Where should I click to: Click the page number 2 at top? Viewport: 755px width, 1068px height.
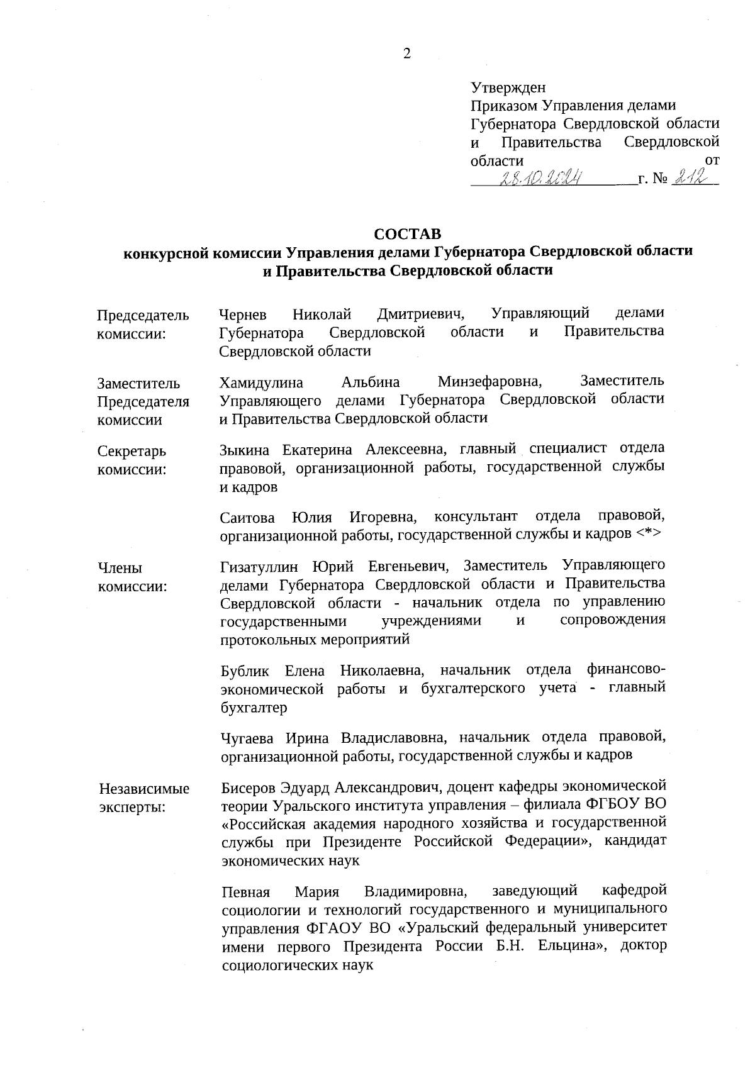[x=406, y=54]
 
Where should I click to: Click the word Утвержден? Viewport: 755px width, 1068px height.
[x=508, y=88]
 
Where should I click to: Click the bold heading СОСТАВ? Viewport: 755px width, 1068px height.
[x=408, y=234]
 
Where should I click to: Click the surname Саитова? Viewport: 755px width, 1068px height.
[x=248, y=518]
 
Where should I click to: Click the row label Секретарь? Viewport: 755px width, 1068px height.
[x=132, y=452]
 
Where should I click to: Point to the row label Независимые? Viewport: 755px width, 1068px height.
[x=144, y=789]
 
